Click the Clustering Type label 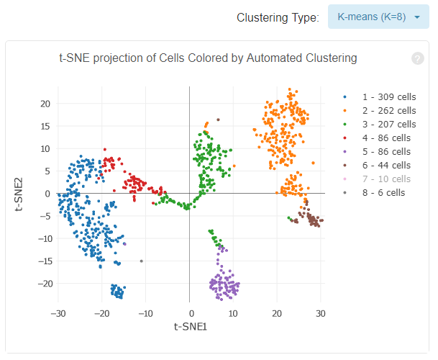(x=278, y=17)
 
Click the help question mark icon (x=417, y=58)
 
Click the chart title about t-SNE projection (x=208, y=58)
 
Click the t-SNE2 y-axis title (x=22, y=194)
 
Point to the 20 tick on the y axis (x=44, y=104)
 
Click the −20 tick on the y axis (x=41, y=284)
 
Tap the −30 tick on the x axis (x=58, y=314)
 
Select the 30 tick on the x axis (x=321, y=314)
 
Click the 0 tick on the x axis (x=190, y=314)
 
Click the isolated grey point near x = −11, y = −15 (x=142, y=261)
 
